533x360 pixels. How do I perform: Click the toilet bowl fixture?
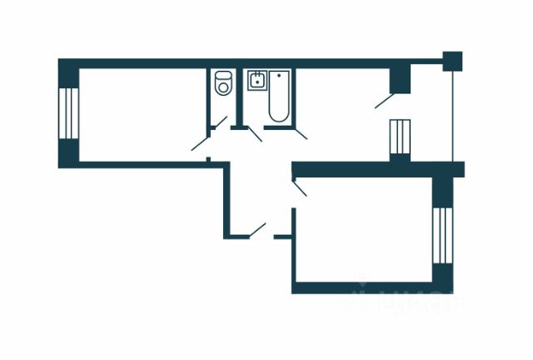click(222, 84)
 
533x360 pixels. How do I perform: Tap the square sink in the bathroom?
click(256, 82)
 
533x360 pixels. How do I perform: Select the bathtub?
click(278, 97)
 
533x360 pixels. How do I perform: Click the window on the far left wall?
click(67, 114)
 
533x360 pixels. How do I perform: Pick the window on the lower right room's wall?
click(441, 234)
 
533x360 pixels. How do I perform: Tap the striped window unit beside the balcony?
click(401, 137)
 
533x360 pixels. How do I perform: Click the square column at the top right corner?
click(452, 61)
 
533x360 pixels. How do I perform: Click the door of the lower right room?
click(300, 188)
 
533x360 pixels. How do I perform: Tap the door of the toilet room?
click(218, 122)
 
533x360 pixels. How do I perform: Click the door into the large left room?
click(201, 142)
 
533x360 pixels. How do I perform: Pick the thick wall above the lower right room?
click(375, 169)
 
